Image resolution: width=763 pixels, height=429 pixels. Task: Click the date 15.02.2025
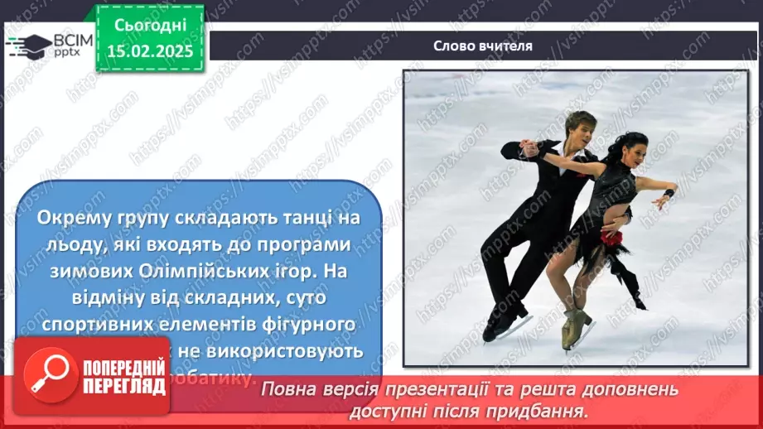tap(149, 51)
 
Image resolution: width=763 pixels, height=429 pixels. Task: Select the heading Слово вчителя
tap(483, 46)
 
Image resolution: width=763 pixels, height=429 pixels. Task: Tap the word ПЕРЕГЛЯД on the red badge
tap(122, 387)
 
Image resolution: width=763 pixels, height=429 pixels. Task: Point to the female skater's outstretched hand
tap(669, 195)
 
